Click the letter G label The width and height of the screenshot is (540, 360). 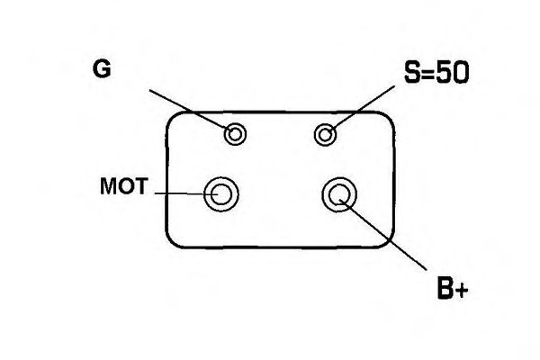click(x=102, y=68)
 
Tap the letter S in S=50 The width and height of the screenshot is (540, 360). click(x=412, y=72)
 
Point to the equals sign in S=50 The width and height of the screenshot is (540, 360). click(x=429, y=74)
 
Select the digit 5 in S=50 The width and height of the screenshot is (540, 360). click(x=444, y=72)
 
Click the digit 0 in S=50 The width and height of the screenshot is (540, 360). click(x=461, y=72)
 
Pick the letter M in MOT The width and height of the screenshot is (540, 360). click(x=109, y=186)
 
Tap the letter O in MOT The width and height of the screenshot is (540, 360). click(x=126, y=186)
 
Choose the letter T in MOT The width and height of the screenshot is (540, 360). click(x=141, y=186)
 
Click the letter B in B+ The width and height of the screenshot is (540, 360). click(x=445, y=288)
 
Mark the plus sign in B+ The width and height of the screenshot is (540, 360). click(x=461, y=291)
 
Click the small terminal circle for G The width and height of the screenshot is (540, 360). click(x=235, y=134)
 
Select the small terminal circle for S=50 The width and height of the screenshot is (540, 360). click(x=326, y=134)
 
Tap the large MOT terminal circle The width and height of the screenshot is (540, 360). click(x=221, y=194)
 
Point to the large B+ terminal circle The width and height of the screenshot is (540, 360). click(x=339, y=194)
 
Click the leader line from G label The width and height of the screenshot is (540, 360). click(x=192, y=112)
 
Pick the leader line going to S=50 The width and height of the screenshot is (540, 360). click(x=360, y=110)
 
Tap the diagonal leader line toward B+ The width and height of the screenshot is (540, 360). click(x=383, y=234)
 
